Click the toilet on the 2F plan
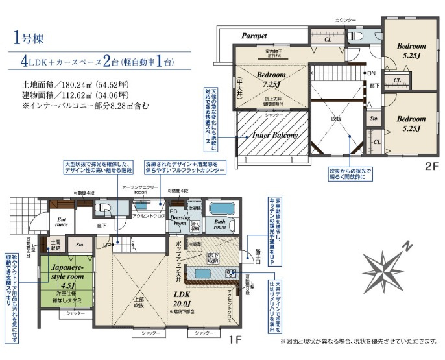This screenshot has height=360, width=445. [358, 37]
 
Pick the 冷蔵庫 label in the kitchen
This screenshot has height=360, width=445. [195, 243]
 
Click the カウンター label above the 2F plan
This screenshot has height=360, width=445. [346, 21]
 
